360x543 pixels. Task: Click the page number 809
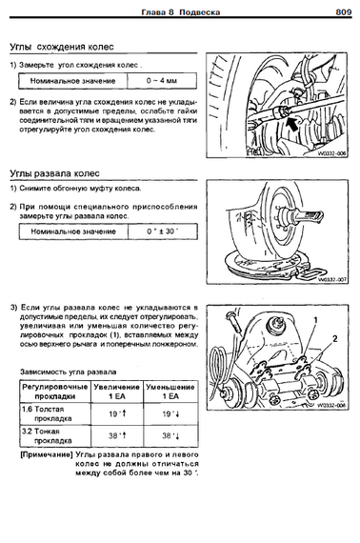coord(344,12)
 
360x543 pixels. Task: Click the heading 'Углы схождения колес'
coord(62,47)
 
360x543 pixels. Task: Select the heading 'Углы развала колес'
coord(54,173)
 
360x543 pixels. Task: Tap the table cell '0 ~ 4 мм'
coord(162,81)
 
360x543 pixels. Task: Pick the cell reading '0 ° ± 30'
coord(163,231)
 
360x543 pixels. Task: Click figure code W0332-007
coord(331,279)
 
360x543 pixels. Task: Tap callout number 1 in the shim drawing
coord(315,320)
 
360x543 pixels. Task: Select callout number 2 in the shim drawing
coord(334,339)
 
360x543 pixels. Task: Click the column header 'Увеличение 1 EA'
coord(117,392)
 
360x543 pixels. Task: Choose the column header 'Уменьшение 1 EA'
coord(170,392)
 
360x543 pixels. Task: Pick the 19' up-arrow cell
coord(117,413)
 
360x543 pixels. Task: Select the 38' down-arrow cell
coord(170,436)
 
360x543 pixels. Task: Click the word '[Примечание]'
coord(47,454)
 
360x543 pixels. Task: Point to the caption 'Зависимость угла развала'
coord(69,372)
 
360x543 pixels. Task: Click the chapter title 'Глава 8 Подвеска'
coord(180,12)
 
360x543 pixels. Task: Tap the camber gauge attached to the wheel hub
coord(300,217)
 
